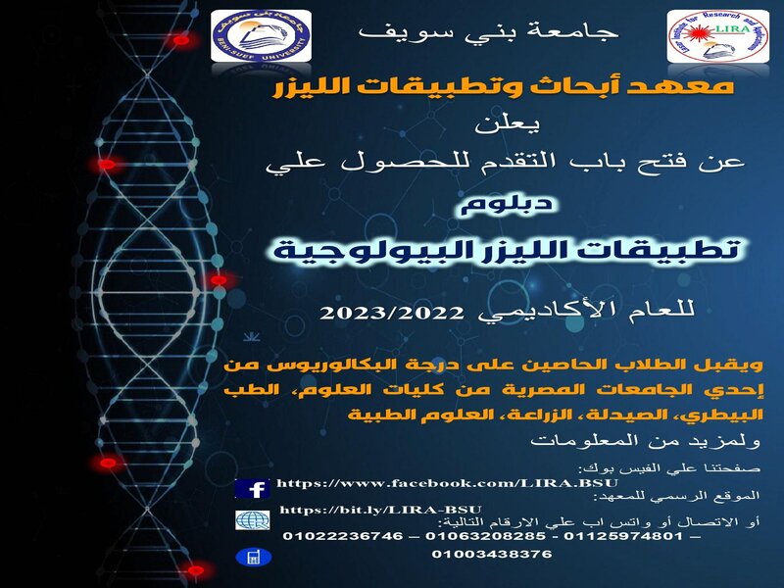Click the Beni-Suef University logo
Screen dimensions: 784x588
[261, 35]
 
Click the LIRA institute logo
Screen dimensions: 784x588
[718, 36]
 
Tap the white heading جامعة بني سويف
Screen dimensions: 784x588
[489, 32]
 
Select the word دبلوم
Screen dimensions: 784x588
[507, 205]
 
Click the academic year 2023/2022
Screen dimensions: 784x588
[392, 313]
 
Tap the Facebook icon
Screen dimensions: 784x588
[253, 488]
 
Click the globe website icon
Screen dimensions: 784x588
[253, 520]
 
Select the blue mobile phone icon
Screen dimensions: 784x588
[254, 557]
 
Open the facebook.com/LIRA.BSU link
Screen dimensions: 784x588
[448, 483]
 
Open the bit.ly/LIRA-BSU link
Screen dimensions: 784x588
[380, 510]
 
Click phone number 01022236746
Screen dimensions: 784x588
[343, 536]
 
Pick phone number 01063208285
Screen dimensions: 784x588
[485, 536]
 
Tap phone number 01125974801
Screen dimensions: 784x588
[623, 536]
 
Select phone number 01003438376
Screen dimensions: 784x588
[492, 554]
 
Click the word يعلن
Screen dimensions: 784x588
[507, 124]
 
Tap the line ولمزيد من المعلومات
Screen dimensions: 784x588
[646, 440]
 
